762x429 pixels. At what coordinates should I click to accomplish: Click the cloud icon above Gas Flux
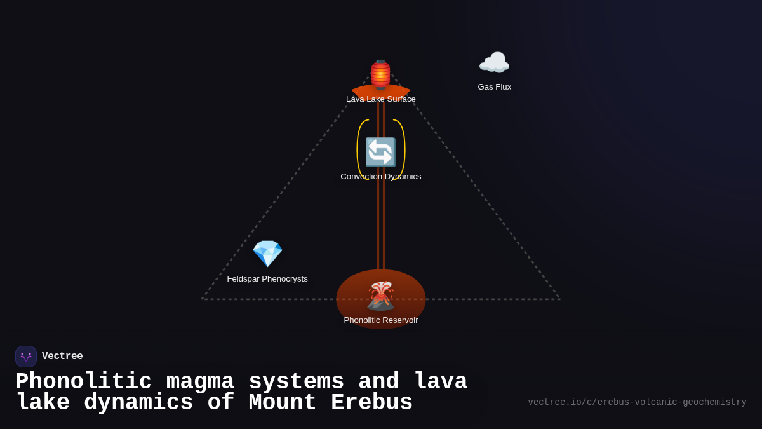tap(494, 63)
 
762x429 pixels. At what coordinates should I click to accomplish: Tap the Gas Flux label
tap(494, 87)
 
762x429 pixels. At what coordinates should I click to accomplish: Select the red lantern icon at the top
tap(380, 74)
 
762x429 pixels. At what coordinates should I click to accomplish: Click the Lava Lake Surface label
tap(380, 99)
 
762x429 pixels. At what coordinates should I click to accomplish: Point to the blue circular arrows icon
tap(380, 153)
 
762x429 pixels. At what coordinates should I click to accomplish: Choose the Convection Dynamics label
tap(380, 177)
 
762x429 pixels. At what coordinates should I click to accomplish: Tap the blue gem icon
tap(267, 254)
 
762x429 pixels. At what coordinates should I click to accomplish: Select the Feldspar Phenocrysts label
tap(267, 279)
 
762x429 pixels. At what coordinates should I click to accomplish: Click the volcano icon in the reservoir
tap(380, 296)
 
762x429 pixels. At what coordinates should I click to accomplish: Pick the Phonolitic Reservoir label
tap(381, 320)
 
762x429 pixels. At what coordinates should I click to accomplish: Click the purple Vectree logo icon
tap(26, 357)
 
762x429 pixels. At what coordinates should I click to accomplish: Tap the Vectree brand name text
tap(62, 357)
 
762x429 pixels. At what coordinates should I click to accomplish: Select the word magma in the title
tap(200, 382)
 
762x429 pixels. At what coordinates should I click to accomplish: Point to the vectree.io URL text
tap(637, 402)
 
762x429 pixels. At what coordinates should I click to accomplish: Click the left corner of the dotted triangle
tap(203, 299)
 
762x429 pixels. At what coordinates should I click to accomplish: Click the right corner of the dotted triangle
tap(559, 299)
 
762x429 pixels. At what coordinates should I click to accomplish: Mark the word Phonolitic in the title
tap(83, 382)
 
